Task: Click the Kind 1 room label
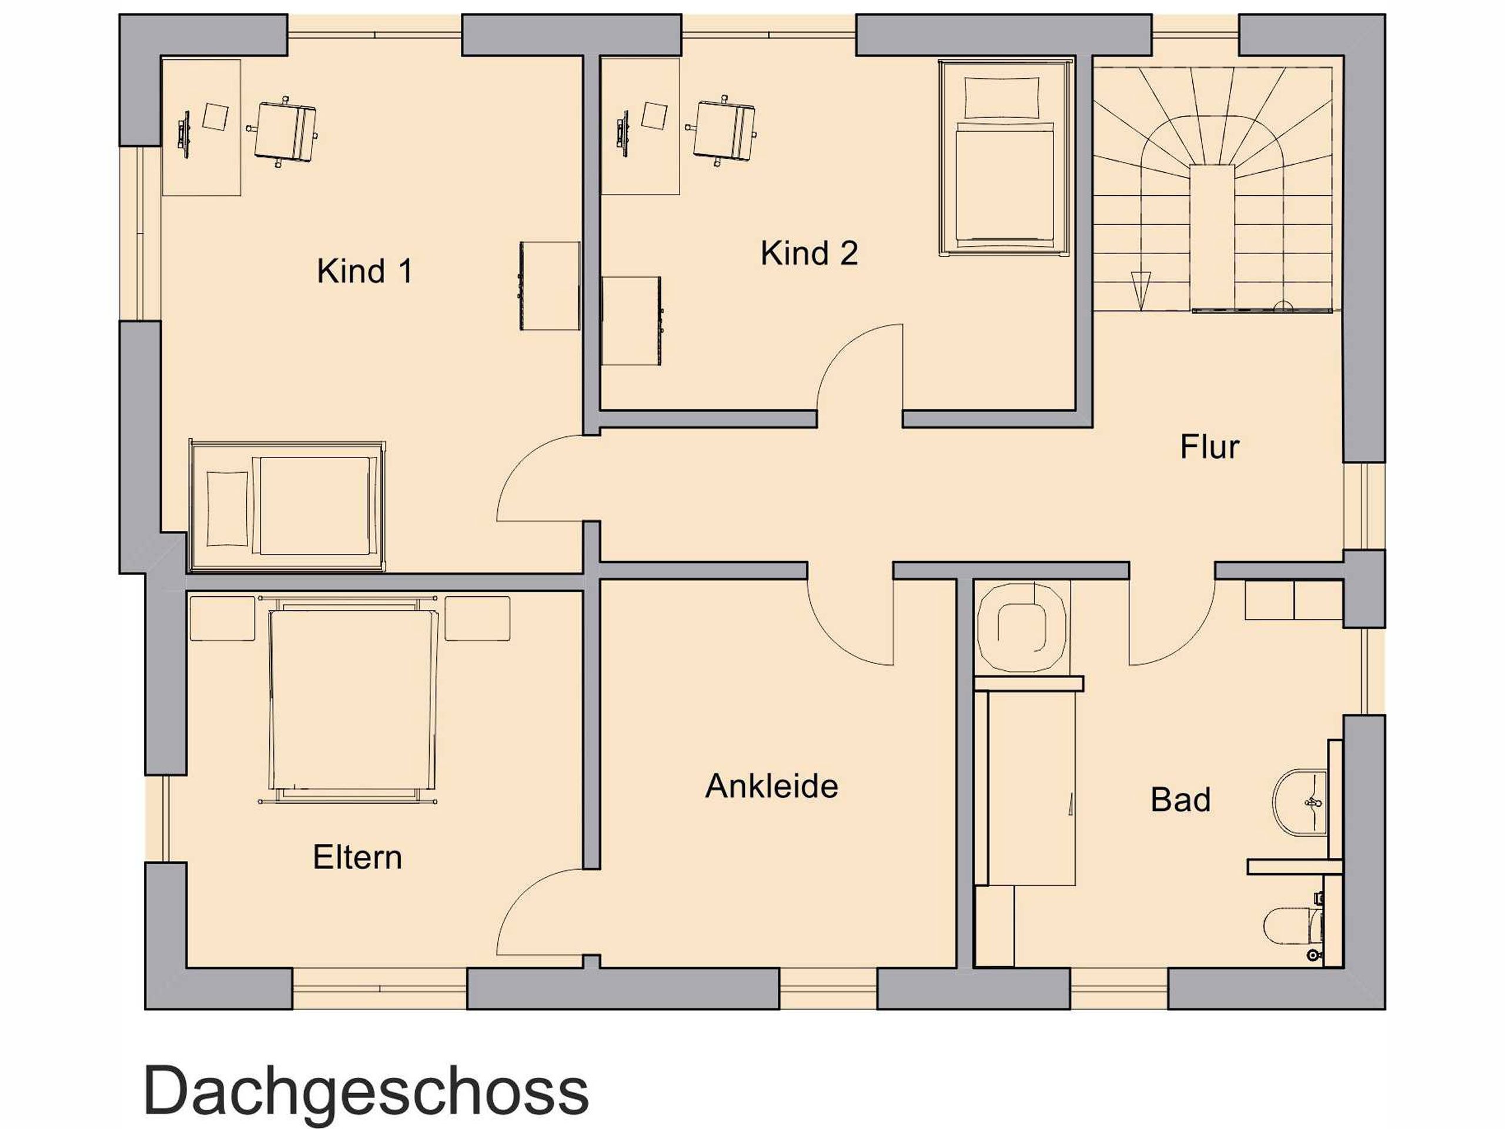coord(364,271)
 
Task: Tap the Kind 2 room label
coord(809,253)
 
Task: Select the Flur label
coord(1210,447)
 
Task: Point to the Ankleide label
coord(771,787)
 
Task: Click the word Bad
coord(1180,800)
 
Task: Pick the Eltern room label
coord(357,857)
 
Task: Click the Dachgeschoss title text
coord(366,1091)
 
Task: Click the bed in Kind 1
coord(287,506)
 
